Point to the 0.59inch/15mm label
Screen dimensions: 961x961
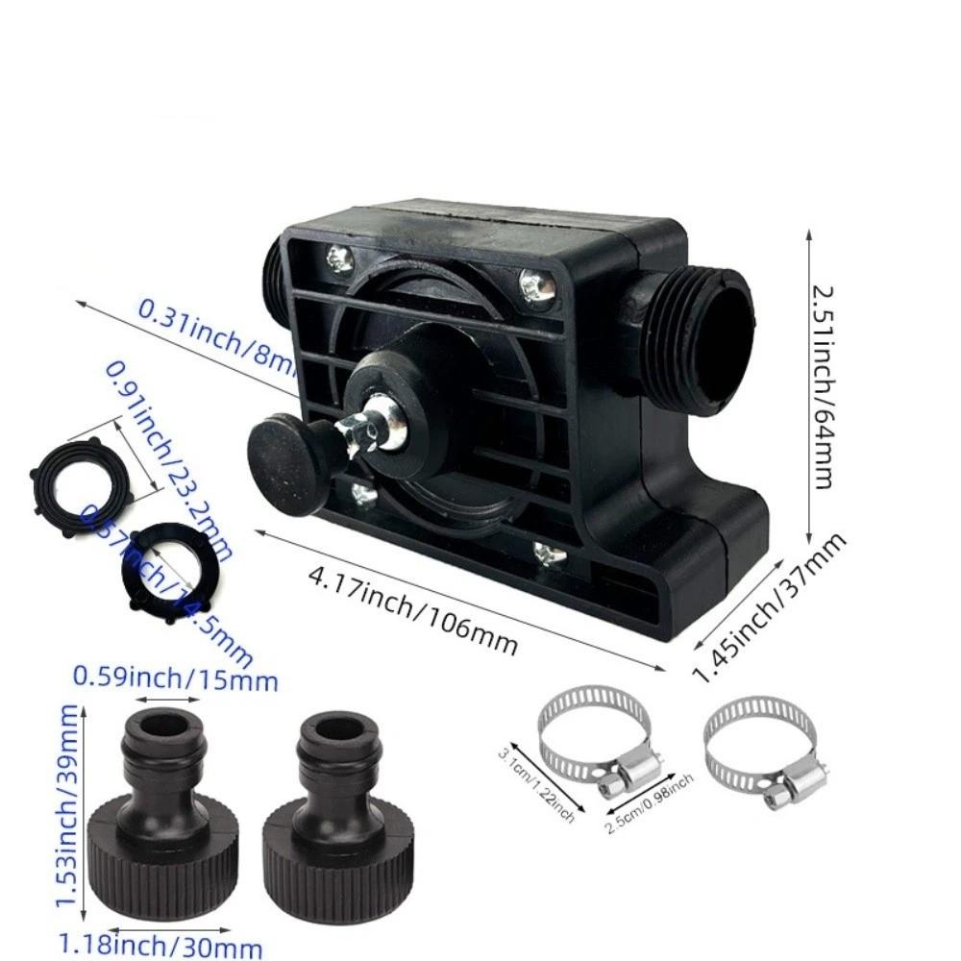(175, 679)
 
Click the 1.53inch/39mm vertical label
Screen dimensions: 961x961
(67, 807)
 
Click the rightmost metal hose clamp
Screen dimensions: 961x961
(764, 750)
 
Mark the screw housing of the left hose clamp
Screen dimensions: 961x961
(625, 774)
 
